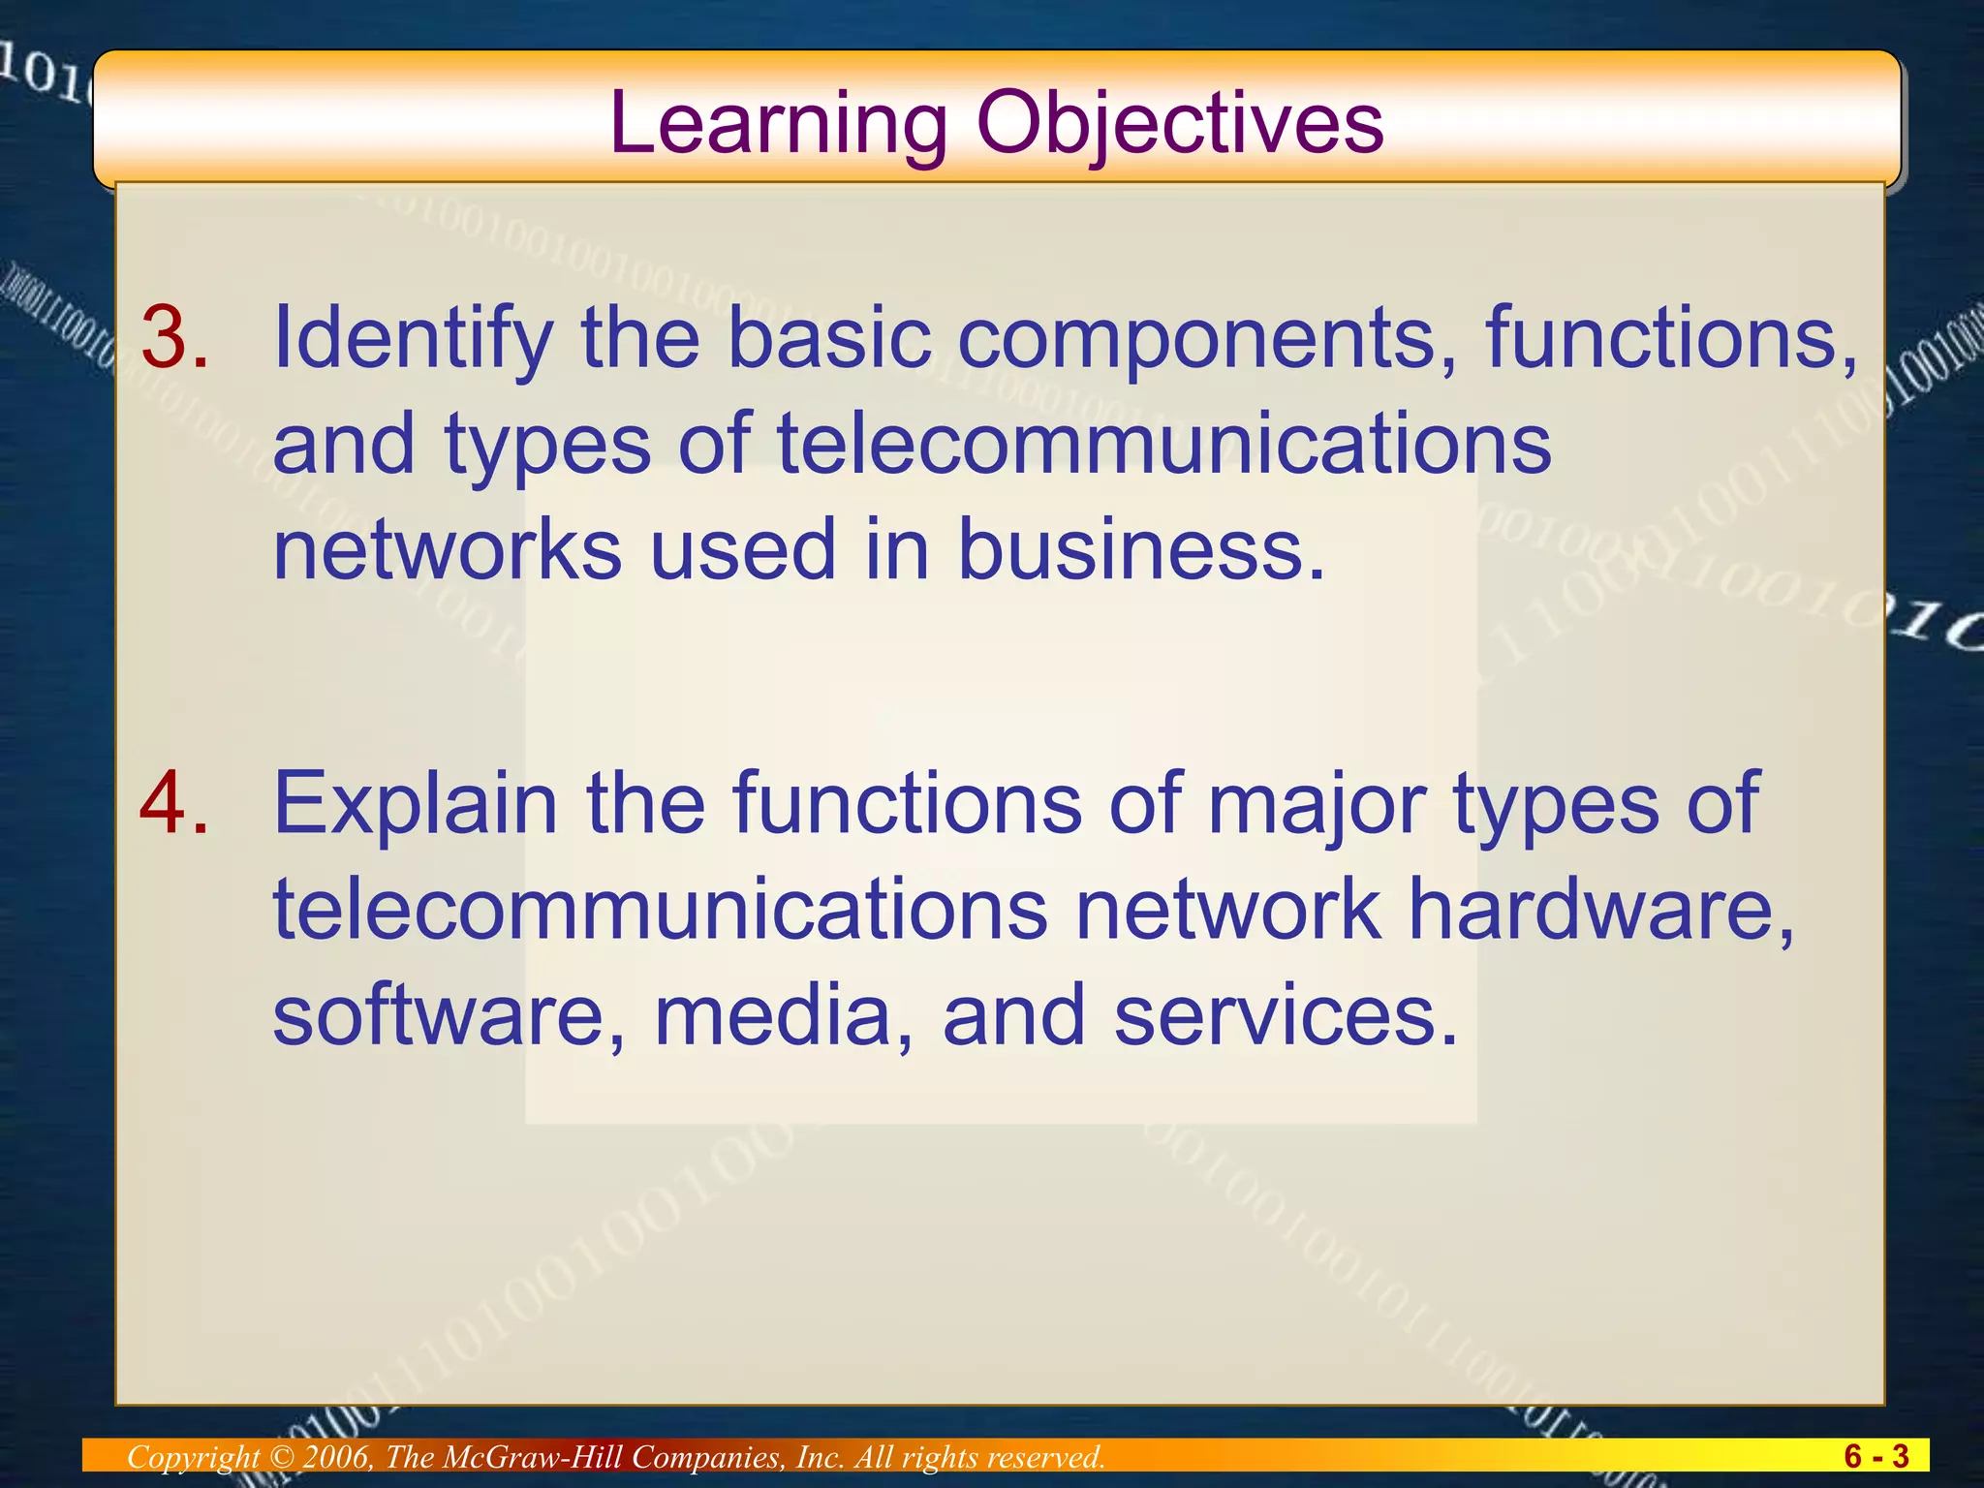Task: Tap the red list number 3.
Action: point(174,338)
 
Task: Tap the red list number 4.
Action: point(174,803)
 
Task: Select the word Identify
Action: point(413,338)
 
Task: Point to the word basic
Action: point(828,338)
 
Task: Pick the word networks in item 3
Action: point(447,549)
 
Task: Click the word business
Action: point(1140,549)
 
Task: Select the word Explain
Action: point(416,803)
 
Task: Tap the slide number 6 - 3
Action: point(1875,1456)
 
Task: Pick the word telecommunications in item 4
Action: point(660,909)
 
